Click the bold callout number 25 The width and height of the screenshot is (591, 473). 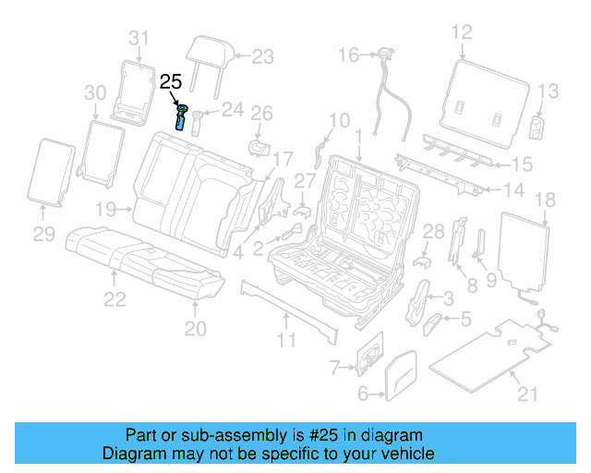171,82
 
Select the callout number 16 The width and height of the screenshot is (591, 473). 347,56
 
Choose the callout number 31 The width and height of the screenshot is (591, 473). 138,38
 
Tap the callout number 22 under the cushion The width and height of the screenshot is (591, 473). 115,298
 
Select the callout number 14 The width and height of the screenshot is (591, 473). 513,191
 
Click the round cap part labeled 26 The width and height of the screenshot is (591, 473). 259,146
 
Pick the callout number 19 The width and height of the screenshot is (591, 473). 105,209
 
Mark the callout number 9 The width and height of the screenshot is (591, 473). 491,278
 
